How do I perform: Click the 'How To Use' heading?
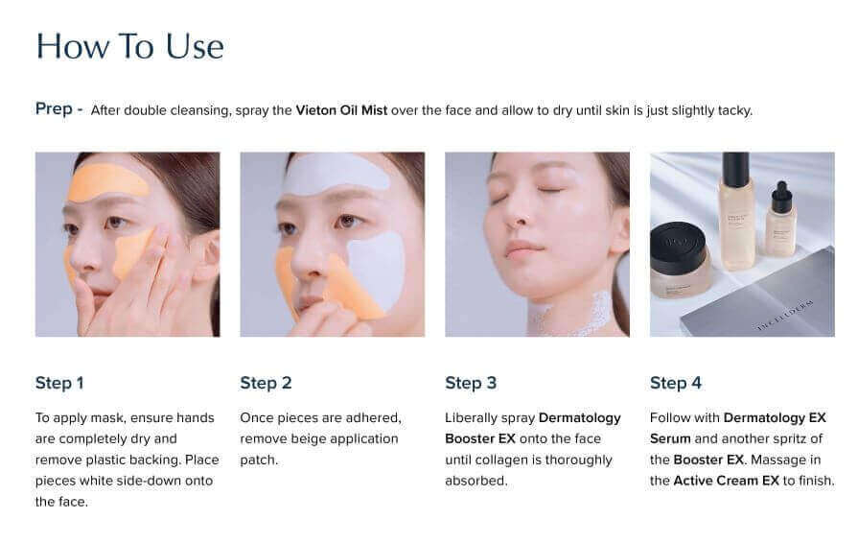click(x=129, y=46)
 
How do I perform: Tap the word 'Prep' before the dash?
click(x=54, y=109)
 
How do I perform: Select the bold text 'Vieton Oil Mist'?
click(x=341, y=110)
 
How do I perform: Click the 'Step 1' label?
click(x=59, y=383)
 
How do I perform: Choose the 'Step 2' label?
click(x=266, y=383)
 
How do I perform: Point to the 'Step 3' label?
click(x=471, y=383)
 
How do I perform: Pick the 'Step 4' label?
click(x=676, y=383)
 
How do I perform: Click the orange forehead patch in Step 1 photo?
click(x=108, y=180)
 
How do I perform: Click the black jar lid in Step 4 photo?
click(x=679, y=247)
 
